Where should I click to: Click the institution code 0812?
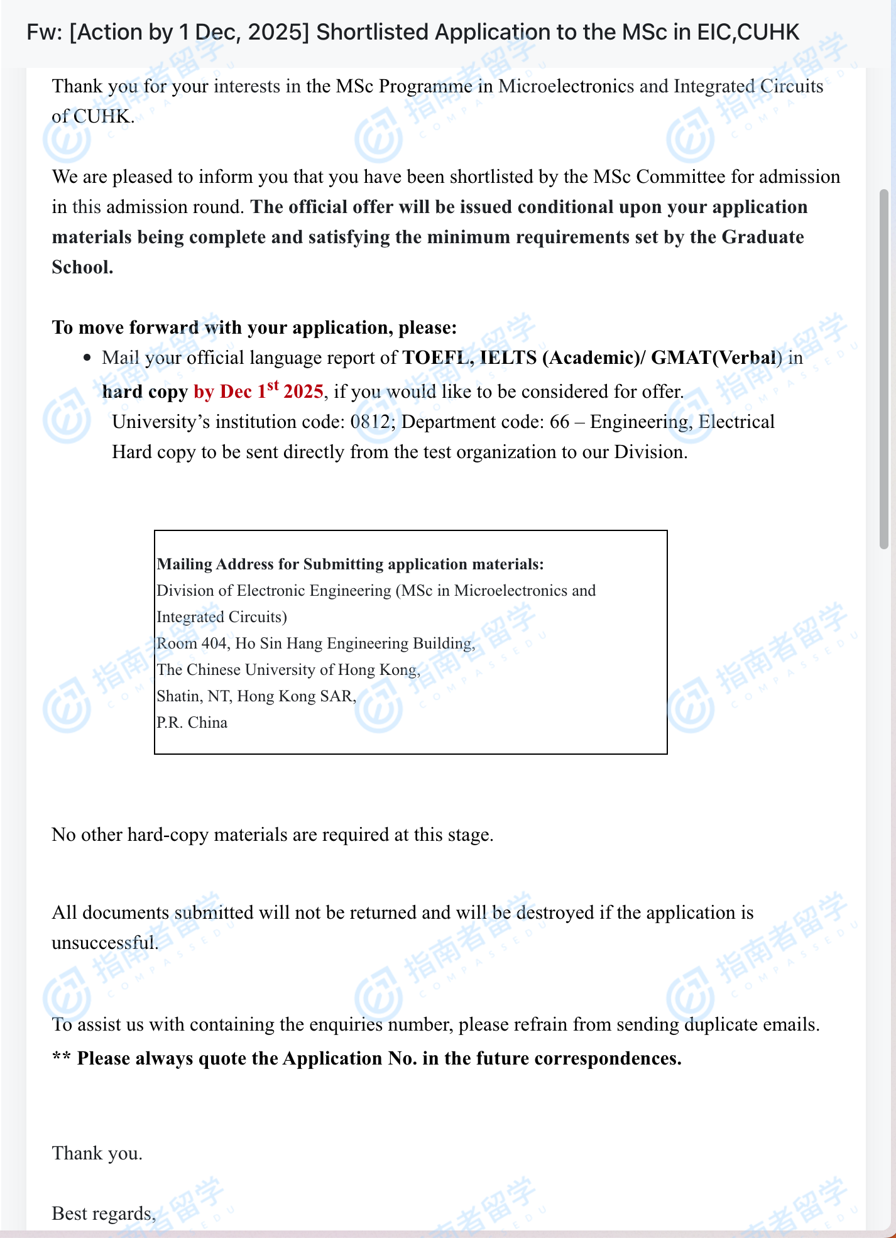tap(370, 422)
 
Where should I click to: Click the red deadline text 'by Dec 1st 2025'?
tap(258, 392)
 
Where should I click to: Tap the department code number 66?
tap(559, 422)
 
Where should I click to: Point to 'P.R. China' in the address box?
tap(192, 723)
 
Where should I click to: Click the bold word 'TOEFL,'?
tap(438, 358)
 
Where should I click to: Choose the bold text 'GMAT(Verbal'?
tap(713, 358)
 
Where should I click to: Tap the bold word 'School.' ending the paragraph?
tap(82, 267)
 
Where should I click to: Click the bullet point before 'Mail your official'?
tap(87, 358)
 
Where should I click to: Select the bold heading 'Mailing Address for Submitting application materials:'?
tap(350, 564)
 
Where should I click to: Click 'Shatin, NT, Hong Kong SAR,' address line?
tap(256, 696)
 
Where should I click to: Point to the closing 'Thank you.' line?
tap(97, 1153)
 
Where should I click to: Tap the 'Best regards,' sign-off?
tap(104, 1213)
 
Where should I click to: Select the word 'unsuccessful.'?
tap(105, 943)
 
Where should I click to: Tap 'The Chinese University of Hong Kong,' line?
tap(288, 670)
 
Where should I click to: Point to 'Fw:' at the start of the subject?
tap(43, 32)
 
